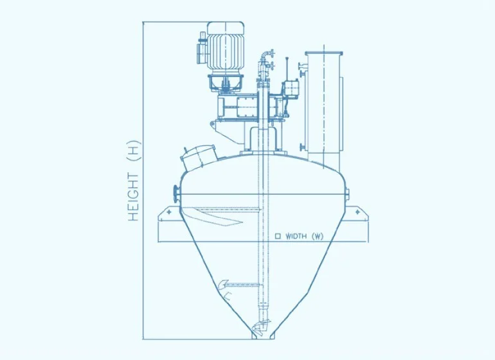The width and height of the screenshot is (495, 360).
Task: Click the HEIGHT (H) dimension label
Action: [x=134, y=181]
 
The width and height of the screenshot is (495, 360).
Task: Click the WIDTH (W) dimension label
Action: [x=304, y=236]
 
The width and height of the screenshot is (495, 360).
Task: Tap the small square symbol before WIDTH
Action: [x=278, y=236]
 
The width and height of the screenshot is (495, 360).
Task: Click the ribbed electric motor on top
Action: [x=225, y=45]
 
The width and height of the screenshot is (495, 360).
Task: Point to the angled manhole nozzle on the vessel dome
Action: [x=198, y=157]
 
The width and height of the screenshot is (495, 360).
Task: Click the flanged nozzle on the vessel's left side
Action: [x=177, y=194]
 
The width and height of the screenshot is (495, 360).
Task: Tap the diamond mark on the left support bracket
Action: [x=169, y=212]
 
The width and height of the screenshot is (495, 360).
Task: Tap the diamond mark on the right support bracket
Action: [x=357, y=212]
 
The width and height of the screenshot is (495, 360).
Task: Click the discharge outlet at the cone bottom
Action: [x=263, y=337]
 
